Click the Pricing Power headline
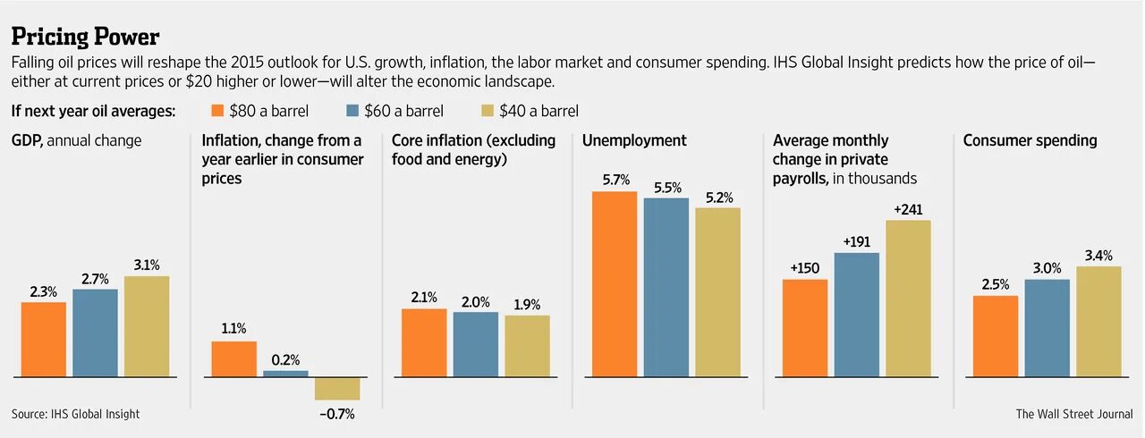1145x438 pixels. [x=85, y=37]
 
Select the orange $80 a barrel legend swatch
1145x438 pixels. [x=216, y=111]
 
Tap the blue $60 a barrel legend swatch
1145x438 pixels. [x=351, y=111]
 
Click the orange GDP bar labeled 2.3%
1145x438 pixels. [x=44, y=340]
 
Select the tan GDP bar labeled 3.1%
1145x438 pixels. [x=147, y=326]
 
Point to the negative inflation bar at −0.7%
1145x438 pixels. [x=336, y=389]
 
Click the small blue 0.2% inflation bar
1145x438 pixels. [x=285, y=374]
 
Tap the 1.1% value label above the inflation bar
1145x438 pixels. [x=233, y=328]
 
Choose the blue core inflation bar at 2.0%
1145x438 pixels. [x=476, y=344]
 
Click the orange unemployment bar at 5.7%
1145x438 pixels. [x=615, y=284]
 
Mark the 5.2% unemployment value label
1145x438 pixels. [x=718, y=196]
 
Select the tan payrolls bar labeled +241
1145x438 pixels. [x=908, y=299]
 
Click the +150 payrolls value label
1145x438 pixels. [x=805, y=267]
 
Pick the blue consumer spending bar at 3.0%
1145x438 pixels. [x=1047, y=328]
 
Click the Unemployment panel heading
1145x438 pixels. [x=634, y=140]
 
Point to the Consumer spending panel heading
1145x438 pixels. [x=1030, y=140]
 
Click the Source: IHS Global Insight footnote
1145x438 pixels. [x=76, y=414]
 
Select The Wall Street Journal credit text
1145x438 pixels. [x=1073, y=414]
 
